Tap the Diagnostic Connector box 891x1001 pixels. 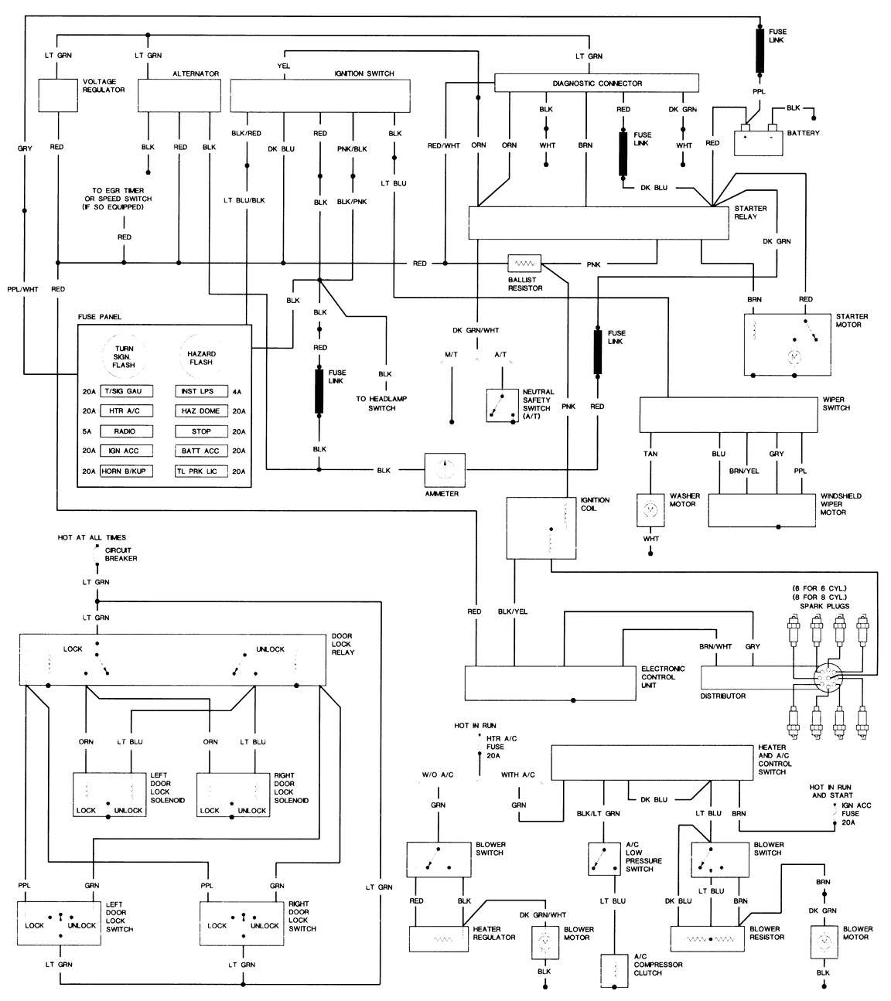coord(596,83)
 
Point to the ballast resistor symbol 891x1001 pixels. coord(524,264)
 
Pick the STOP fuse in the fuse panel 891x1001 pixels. coord(201,431)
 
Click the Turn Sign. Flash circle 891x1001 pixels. coord(124,356)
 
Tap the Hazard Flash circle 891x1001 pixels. coord(200,356)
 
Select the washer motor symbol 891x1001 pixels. coord(650,510)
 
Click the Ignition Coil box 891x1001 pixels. coord(541,527)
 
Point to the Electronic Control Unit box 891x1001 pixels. coord(550,683)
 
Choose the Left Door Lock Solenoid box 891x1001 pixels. coord(109,795)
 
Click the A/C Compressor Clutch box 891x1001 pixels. coord(616,970)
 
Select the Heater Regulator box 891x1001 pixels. coord(439,938)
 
